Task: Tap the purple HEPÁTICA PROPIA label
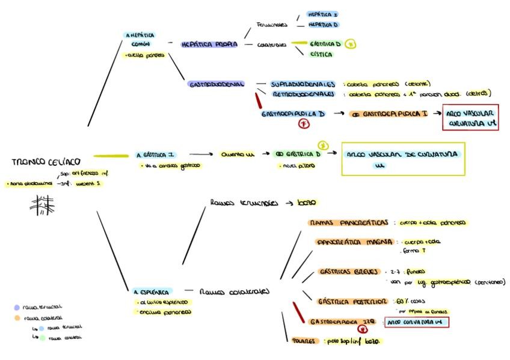(x=209, y=44)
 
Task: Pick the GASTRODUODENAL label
(x=216, y=85)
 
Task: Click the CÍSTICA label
(x=321, y=54)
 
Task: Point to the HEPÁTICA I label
(x=322, y=13)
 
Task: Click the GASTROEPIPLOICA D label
(x=293, y=113)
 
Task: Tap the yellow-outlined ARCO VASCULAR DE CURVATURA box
(x=404, y=159)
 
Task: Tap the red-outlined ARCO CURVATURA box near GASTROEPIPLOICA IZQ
(x=416, y=323)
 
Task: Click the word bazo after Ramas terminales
(x=307, y=203)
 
